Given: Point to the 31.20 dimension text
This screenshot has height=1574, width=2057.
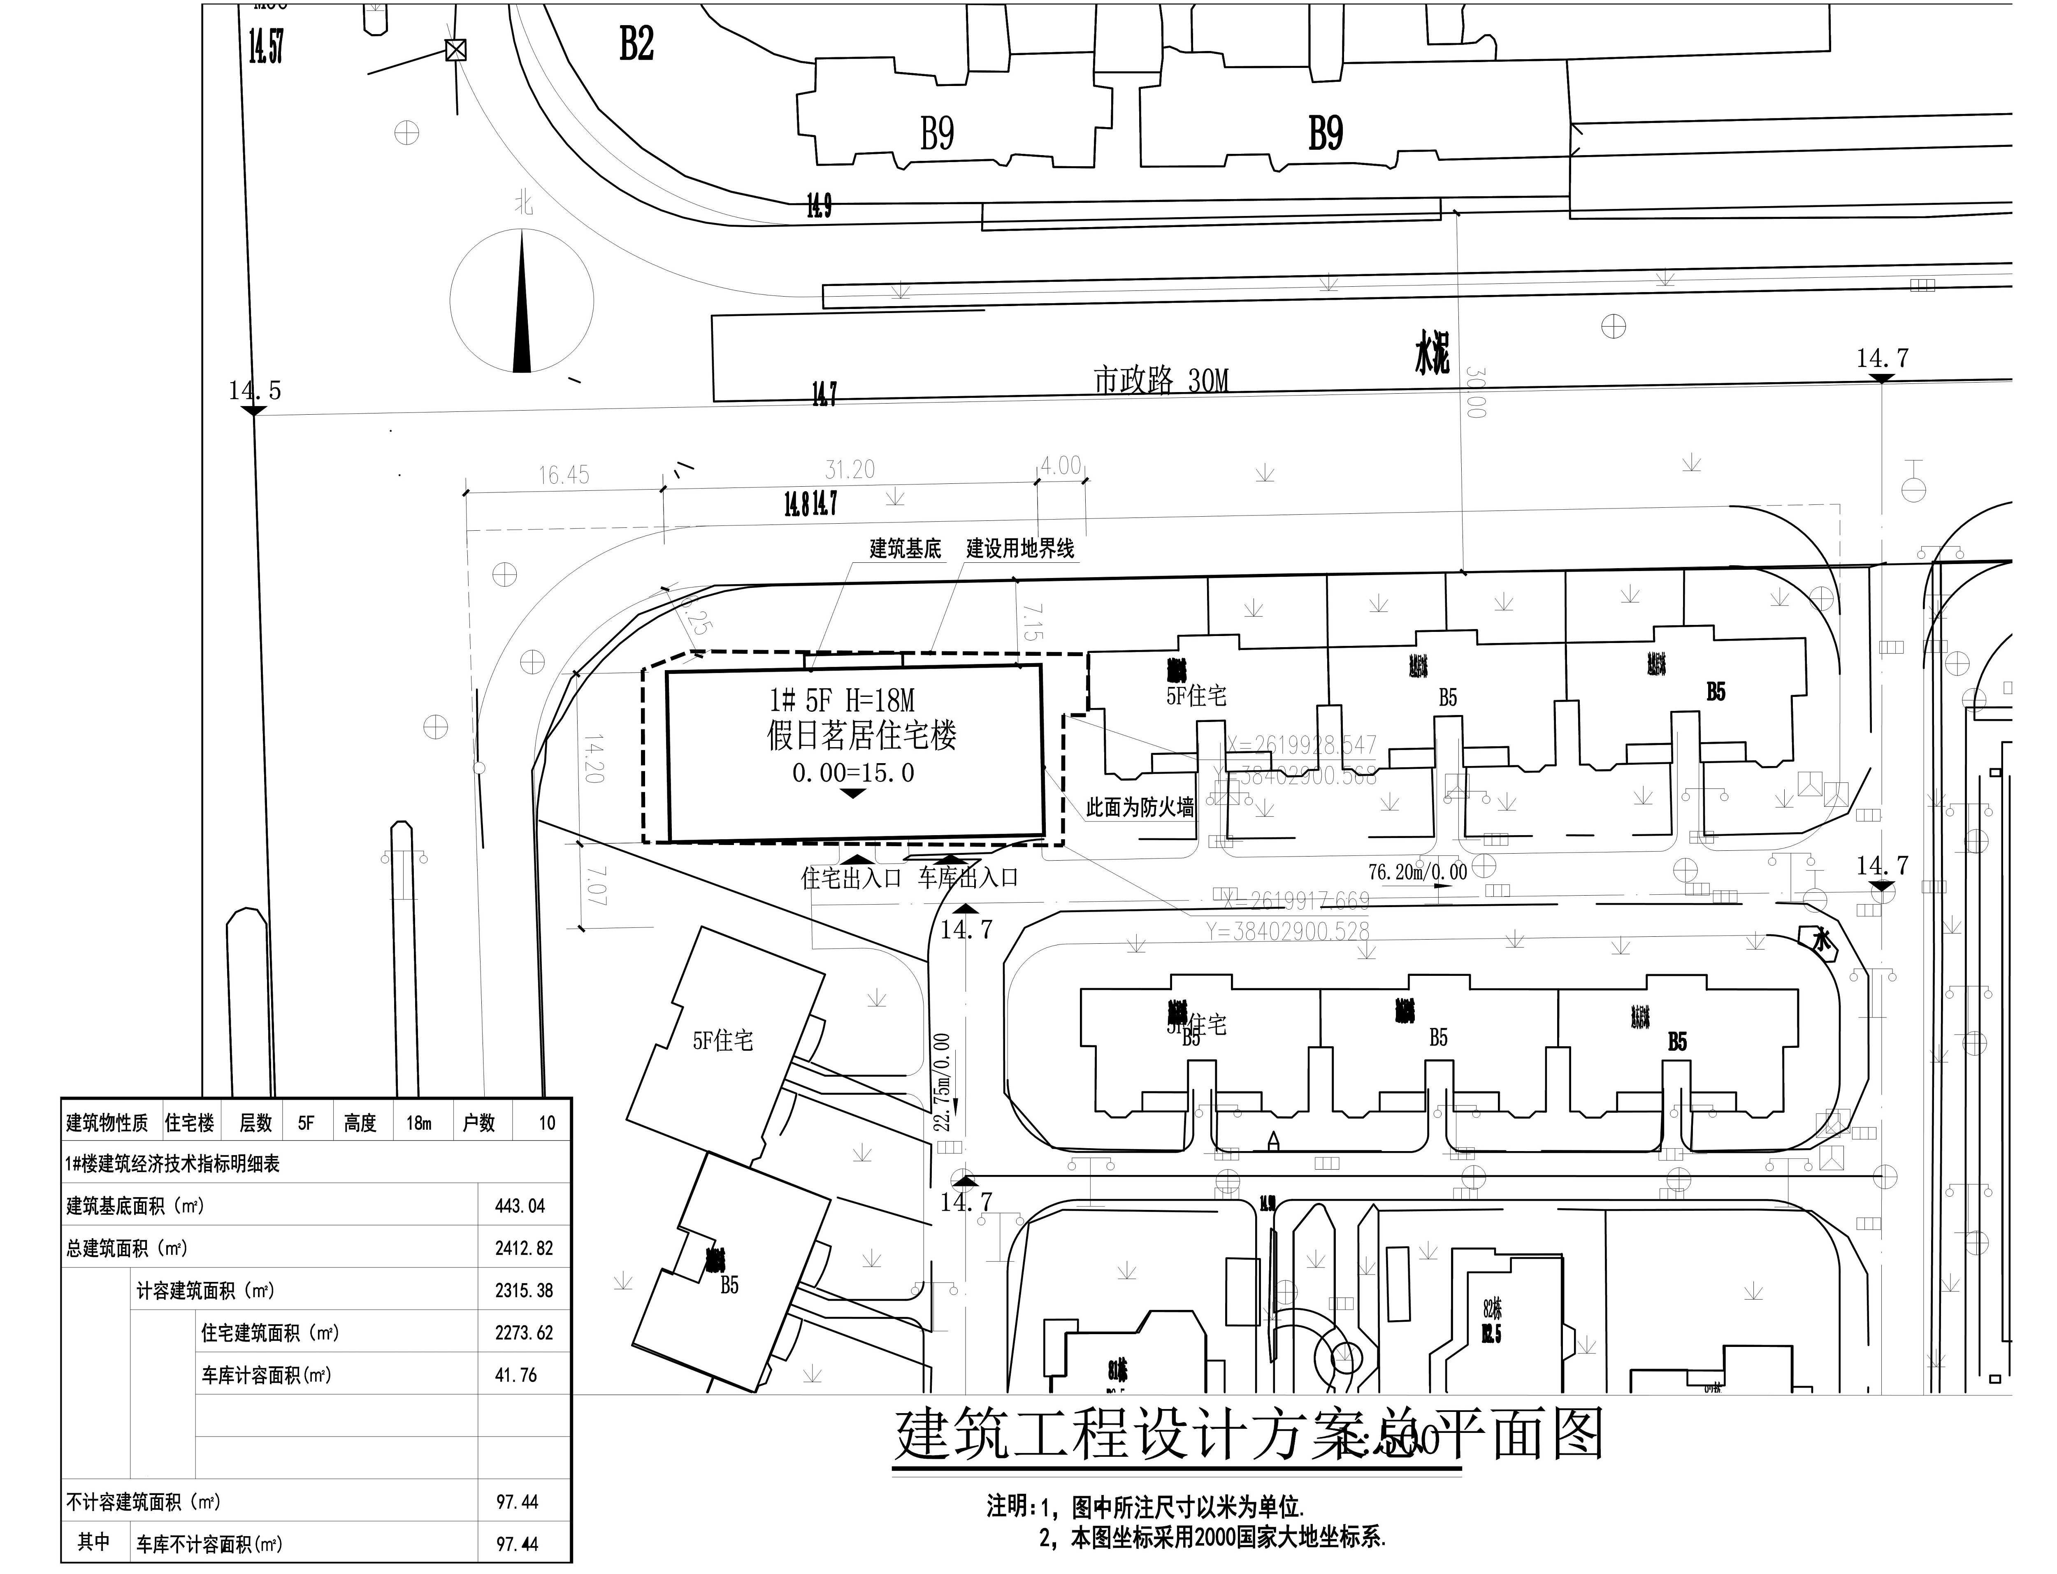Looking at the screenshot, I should point(850,469).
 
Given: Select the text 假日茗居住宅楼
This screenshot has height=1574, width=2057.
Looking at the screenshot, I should point(861,736).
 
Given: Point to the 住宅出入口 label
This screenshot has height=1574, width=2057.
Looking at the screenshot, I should point(850,878).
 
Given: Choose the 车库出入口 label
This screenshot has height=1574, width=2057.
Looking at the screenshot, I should point(968,878).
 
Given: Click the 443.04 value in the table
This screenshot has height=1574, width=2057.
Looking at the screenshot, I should point(520,1206).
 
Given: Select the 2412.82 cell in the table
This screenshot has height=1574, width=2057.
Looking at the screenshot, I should point(524,1248).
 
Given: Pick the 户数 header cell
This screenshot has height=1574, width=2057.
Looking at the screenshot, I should point(478,1122).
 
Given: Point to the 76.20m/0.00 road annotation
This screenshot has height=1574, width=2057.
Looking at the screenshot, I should point(1417,872).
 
